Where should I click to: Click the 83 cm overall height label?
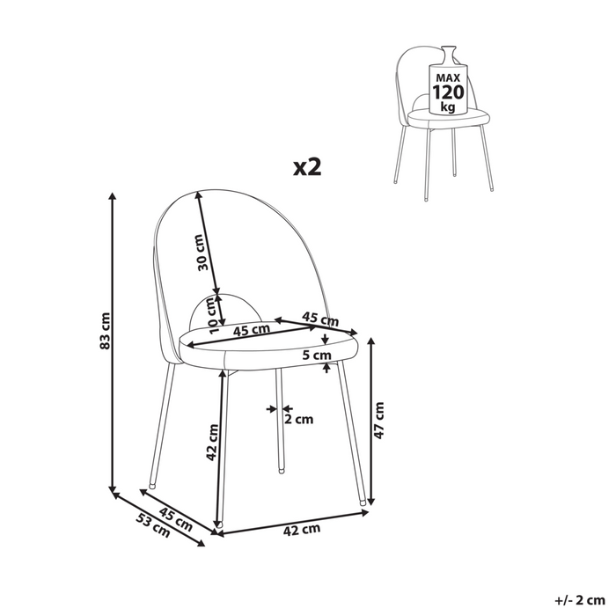pyautogui.click(x=105, y=330)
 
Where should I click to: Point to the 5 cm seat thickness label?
pyautogui.click(x=315, y=356)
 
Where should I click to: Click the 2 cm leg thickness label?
pyautogui.click(x=300, y=419)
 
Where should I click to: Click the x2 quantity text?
pyautogui.click(x=306, y=166)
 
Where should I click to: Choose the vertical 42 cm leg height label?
pyautogui.click(x=212, y=440)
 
